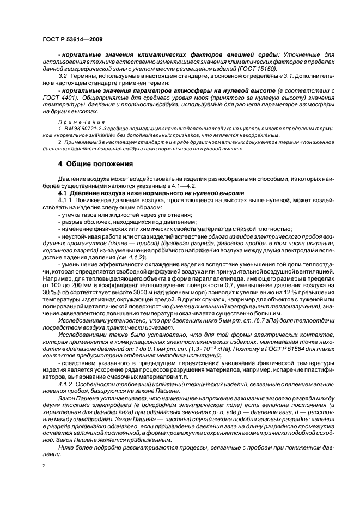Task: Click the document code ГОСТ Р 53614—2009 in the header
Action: tap(72, 40)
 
